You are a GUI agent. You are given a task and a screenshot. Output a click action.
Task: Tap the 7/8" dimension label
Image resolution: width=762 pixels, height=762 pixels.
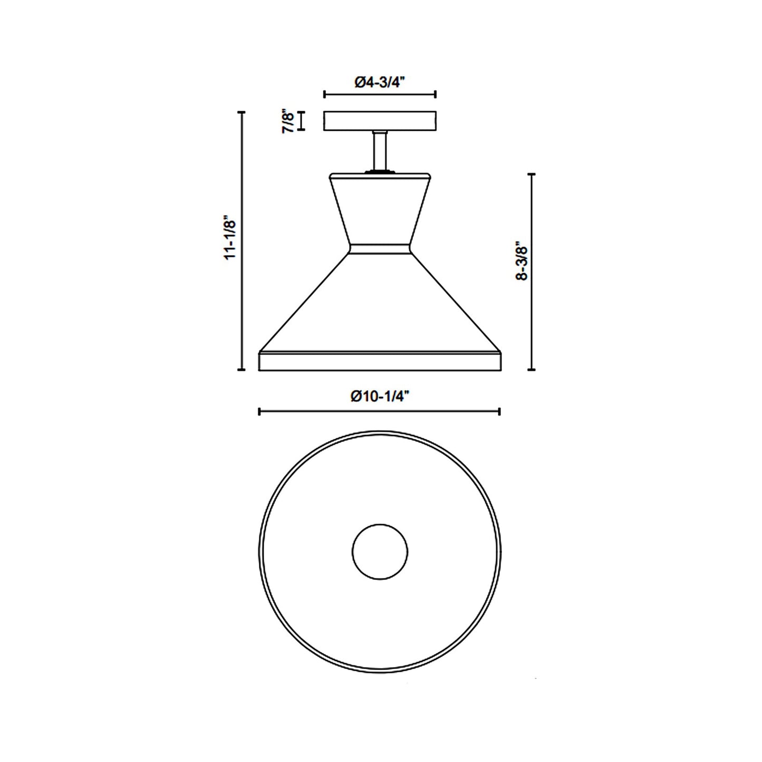[x=287, y=121]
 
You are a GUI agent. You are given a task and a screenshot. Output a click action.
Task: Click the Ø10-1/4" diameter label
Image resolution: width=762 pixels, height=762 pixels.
[x=380, y=397]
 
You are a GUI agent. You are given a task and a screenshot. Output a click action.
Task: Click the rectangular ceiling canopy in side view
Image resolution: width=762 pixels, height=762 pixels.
[x=380, y=121]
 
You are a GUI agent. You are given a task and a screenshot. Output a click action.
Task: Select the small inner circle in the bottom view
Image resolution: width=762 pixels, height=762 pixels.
[x=380, y=552]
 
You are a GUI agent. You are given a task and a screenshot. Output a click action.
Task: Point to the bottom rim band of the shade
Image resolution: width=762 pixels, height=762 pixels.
[x=380, y=361]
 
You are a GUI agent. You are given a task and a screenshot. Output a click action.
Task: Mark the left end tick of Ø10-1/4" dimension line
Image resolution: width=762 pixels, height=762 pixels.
[x=259, y=411]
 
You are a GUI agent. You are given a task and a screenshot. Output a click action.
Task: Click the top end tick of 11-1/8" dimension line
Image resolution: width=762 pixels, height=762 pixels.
[x=242, y=112]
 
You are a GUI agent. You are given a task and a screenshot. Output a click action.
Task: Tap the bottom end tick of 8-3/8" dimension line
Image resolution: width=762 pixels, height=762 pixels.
[x=532, y=370]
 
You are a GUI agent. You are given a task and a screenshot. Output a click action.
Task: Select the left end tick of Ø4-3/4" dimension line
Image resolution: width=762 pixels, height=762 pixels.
[x=324, y=94]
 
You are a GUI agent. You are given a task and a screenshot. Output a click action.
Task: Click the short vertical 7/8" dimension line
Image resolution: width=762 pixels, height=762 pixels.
[x=302, y=121]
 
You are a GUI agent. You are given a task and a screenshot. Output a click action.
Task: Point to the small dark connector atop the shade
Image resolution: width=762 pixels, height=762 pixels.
[x=380, y=170]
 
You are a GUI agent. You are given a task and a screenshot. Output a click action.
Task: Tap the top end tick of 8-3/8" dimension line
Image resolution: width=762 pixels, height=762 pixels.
[x=532, y=173]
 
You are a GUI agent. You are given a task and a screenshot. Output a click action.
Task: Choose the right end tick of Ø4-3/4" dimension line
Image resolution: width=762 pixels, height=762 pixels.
[x=435, y=94]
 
